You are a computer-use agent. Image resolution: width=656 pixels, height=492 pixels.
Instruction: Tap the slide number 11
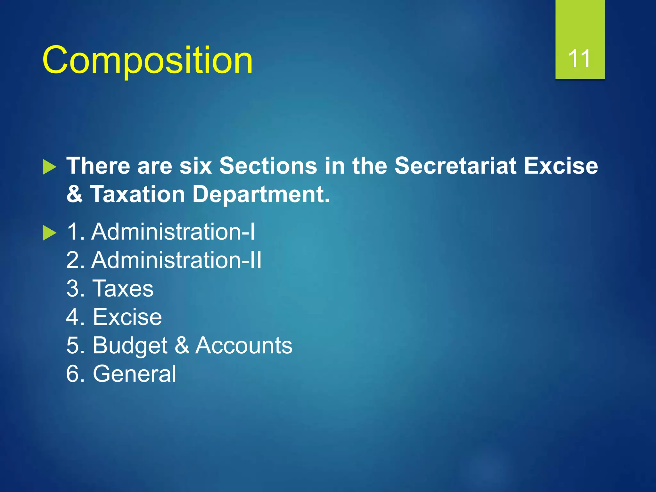pos(579,59)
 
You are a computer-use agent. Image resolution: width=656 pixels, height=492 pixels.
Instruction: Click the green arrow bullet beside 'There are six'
pos(49,167)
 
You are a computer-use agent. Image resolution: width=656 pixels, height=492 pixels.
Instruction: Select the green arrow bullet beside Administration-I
pos(49,233)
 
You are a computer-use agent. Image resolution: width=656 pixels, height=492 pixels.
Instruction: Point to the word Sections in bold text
pos(268,166)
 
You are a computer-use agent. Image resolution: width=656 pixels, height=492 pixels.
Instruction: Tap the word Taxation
pos(138,194)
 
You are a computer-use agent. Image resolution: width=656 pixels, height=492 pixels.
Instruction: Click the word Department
pos(261,194)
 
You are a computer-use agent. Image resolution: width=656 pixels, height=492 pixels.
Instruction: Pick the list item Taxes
pos(123,288)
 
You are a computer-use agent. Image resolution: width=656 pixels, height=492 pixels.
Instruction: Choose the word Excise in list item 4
pos(127,317)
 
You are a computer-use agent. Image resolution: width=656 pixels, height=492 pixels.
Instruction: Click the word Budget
pos(130,345)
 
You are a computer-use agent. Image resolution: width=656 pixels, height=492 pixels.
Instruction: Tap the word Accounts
pos(244,345)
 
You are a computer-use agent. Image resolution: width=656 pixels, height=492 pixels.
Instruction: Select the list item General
pos(134,374)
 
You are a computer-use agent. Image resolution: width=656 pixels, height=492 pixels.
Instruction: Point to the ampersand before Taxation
pos(74,194)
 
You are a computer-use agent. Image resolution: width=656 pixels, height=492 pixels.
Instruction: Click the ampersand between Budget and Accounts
pos(182,345)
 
